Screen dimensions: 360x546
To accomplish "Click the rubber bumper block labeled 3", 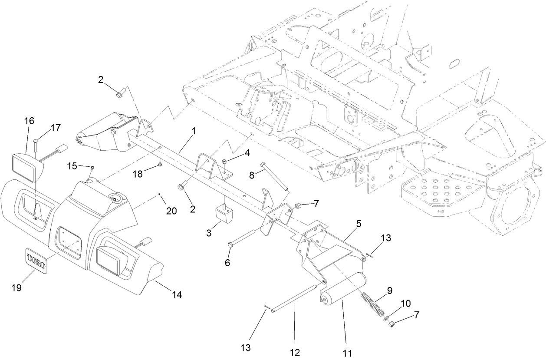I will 224,214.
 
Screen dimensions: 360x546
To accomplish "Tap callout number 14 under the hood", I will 176,295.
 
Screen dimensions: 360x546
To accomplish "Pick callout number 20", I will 171,211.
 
